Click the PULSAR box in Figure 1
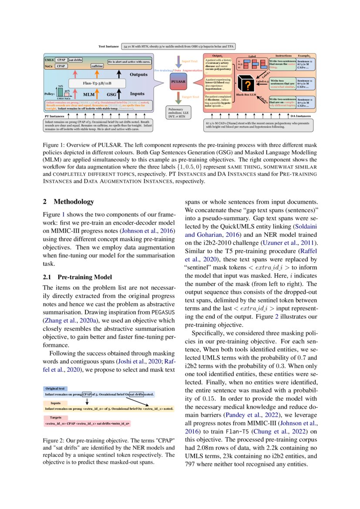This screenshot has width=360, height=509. [x=180, y=81]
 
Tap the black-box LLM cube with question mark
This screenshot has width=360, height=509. [x=246, y=84]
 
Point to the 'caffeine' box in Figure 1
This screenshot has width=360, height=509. [x=97, y=66]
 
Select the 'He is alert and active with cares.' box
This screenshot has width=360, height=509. [x=129, y=62]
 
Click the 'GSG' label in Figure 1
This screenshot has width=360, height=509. [x=112, y=94]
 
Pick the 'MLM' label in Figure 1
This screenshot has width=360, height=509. [x=89, y=94]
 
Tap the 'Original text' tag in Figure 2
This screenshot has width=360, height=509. [x=55, y=388]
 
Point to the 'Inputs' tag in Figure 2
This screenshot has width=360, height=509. [x=55, y=403]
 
